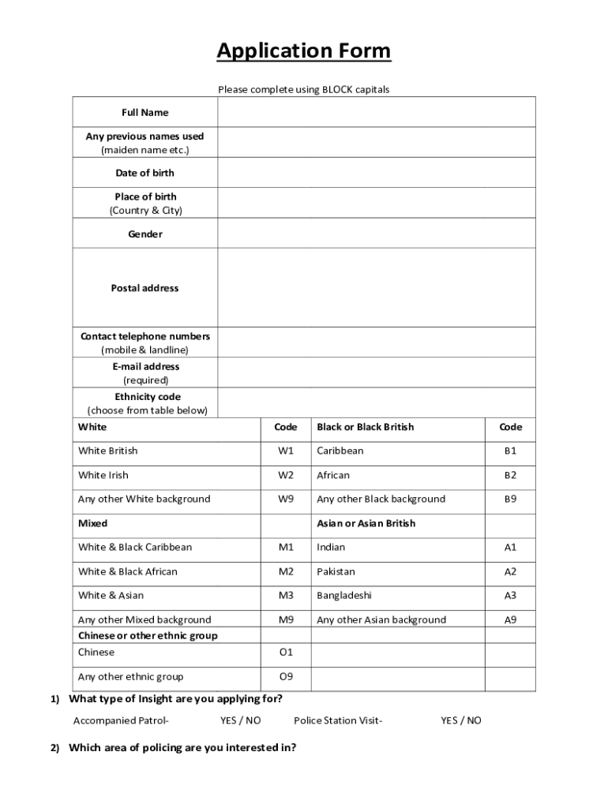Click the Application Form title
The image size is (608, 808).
click(x=304, y=51)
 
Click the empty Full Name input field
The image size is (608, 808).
click(x=377, y=112)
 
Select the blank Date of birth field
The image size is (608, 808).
click(x=377, y=173)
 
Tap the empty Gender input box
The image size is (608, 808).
click(x=377, y=234)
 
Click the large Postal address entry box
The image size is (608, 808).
click(x=377, y=287)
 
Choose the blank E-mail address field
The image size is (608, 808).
click(x=377, y=372)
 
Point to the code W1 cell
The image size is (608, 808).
click(x=285, y=451)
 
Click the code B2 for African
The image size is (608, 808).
click(x=510, y=475)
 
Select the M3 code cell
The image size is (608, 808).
click(x=285, y=596)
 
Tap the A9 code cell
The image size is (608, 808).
click(x=510, y=620)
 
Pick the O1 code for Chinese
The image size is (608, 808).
click(x=285, y=653)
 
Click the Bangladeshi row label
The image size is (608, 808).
click(x=344, y=596)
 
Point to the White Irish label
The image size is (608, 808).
click(x=103, y=475)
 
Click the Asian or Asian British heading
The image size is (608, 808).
click(x=366, y=523)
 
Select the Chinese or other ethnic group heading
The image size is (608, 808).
click(x=148, y=635)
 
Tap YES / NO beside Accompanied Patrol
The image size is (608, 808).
click(x=240, y=720)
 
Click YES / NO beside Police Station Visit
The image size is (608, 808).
click(x=460, y=720)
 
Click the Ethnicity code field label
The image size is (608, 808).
click(x=148, y=397)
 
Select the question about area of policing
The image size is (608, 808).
click(x=182, y=747)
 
